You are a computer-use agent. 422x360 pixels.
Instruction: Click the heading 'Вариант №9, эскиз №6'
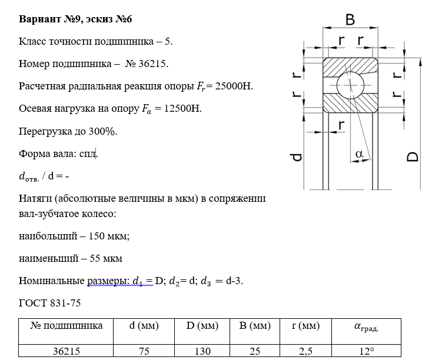76,19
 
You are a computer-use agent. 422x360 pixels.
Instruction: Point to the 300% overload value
104,131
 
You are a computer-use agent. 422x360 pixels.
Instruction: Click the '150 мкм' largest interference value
108,236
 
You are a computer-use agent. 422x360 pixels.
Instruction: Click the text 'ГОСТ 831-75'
50,304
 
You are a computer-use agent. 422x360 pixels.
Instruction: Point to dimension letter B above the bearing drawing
350,20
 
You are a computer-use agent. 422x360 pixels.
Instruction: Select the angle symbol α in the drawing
360,154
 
